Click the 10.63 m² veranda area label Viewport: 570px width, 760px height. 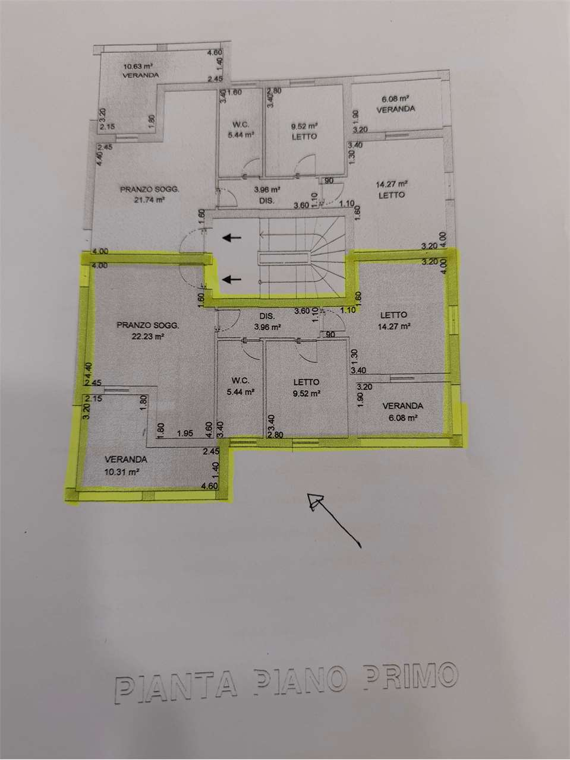pos(138,66)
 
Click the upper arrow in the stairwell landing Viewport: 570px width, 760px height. pos(232,237)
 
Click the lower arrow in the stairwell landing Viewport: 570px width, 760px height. pos(232,278)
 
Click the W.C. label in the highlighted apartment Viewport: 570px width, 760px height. pos(241,381)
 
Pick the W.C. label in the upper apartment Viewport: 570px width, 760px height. pos(241,125)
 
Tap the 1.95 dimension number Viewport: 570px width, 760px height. pos(185,433)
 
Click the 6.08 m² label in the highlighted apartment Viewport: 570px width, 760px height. pos(402,418)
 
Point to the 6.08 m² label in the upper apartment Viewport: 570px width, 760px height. pos(395,99)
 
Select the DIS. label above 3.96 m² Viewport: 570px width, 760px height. pos(267,316)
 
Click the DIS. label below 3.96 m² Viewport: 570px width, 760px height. pos(267,201)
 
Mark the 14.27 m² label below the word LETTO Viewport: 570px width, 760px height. pos(394,326)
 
